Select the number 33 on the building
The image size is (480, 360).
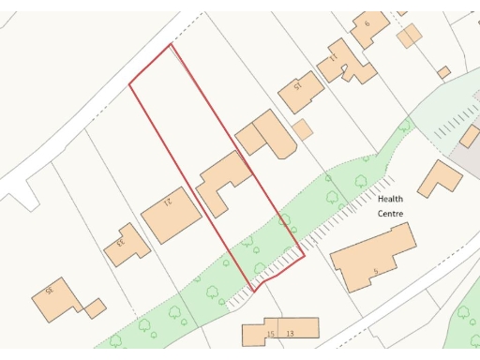(120, 244)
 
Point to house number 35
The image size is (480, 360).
(50, 292)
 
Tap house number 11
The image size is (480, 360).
(333, 58)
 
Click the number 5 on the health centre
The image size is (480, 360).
(375, 272)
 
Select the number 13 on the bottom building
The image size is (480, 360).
(291, 334)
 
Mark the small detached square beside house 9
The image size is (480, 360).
(409, 37)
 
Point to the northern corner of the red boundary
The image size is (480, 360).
(172, 44)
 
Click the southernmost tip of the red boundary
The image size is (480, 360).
(252, 289)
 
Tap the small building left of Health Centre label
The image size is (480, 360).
(302, 129)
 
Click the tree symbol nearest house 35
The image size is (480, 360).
(144, 326)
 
